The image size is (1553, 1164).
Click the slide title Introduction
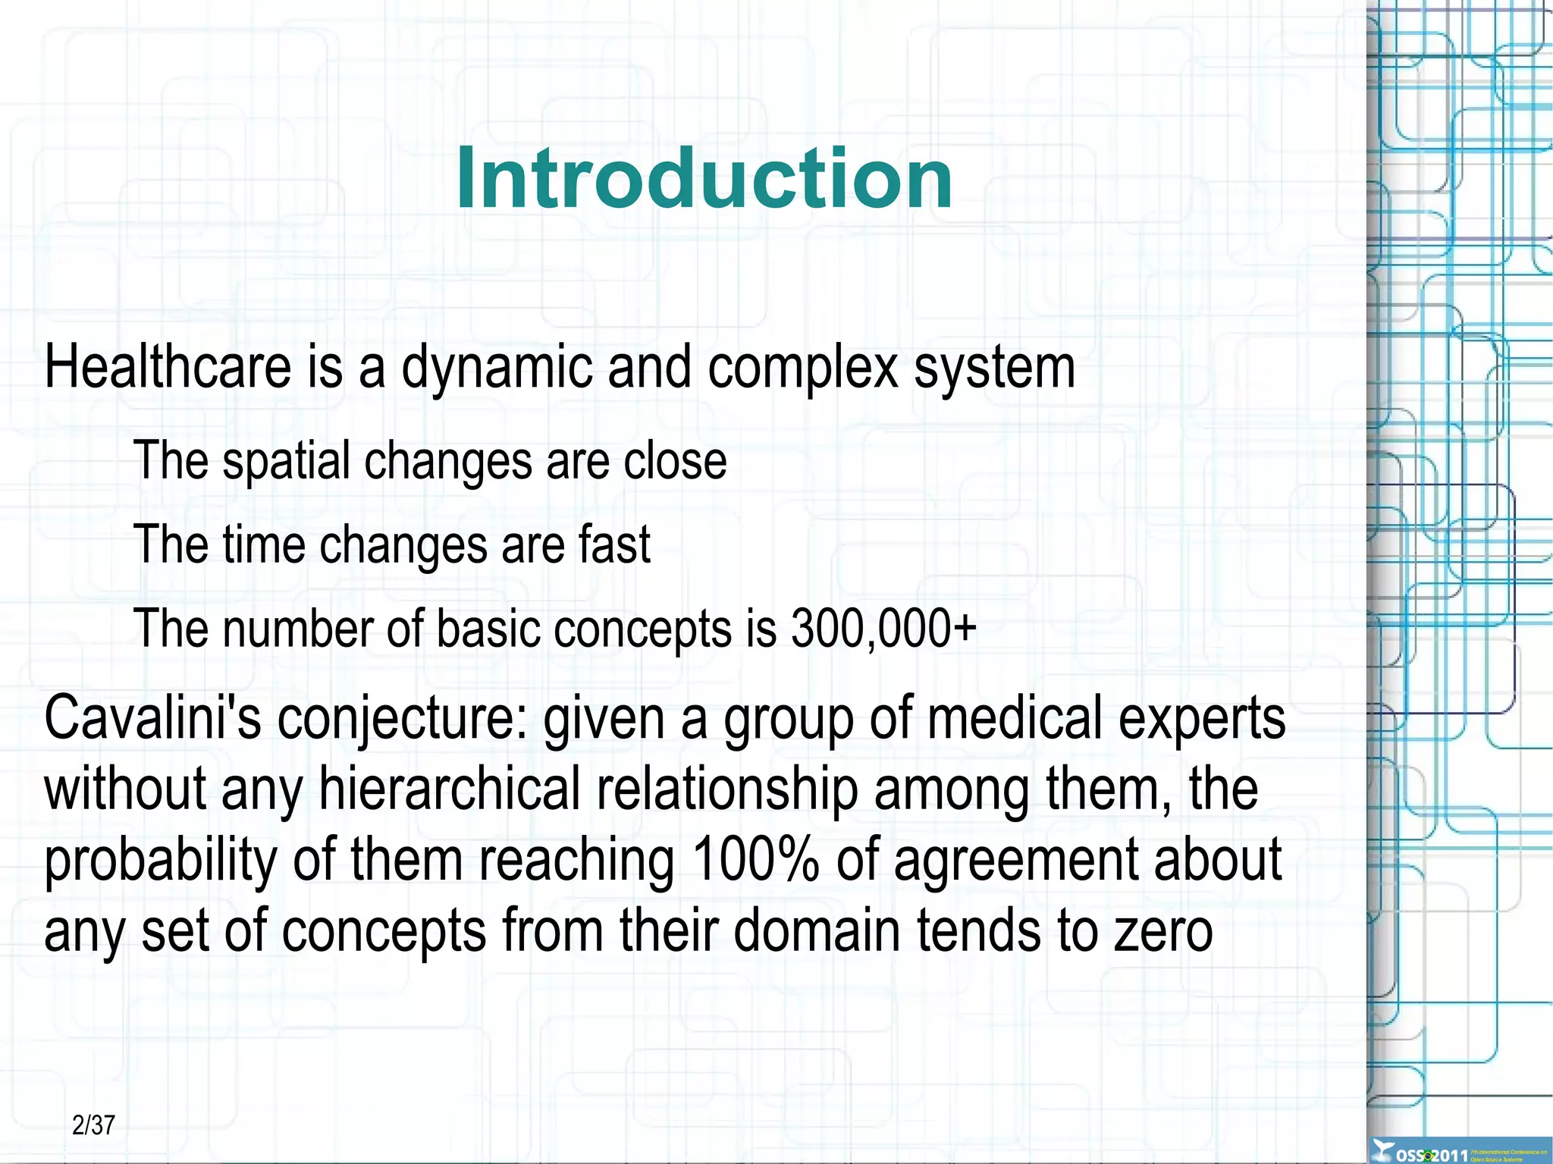[704, 179]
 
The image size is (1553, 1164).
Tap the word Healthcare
[168, 367]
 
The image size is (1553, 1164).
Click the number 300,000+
[883, 629]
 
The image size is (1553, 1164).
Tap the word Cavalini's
[152, 717]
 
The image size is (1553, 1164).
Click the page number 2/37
[93, 1125]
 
